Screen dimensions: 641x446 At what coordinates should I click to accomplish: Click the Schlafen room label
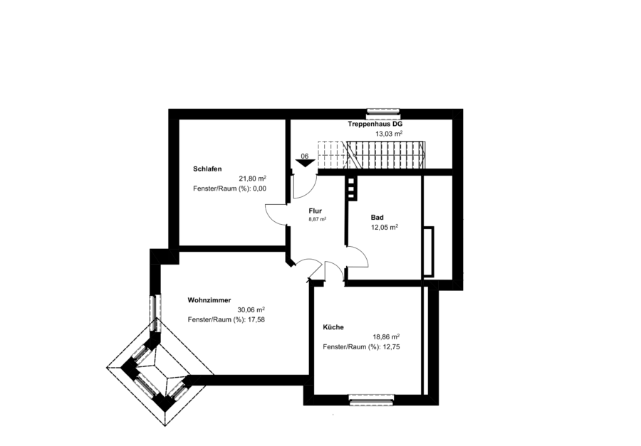pyautogui.click(x=207, y=169)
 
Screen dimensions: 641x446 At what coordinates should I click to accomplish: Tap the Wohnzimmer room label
pyautogui.click(x=209, y=300)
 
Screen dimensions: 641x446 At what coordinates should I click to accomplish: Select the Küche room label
pyautogui.click(x=333, y=327)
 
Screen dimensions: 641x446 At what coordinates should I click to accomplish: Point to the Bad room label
pyautogui.click(x=377, y=218)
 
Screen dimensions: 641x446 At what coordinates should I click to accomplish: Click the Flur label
pyautogui.click(x=316, y=211)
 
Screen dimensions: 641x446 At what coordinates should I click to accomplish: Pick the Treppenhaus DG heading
pyautogui.click(x=375, y=124)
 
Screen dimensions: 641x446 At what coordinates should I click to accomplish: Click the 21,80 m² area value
pyautogui.click(x=253, y=179)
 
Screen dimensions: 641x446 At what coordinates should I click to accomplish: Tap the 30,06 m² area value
pyautogui.click(x=251, y=309)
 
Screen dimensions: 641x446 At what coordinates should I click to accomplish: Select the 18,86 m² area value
pyautogui.click(x=386, y=337)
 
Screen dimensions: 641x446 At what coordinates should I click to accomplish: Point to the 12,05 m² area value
pyautogui.click(x=385, y=228)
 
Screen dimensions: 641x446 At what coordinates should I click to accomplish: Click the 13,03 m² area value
pyautogui.click(x=389, y=134)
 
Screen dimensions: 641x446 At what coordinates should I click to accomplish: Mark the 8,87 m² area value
pyautogui.click(x=317, y=219)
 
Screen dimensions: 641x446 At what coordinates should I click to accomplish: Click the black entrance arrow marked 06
pyautogui.click(x=306, y=163)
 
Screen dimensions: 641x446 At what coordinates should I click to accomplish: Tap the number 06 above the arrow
pyautogui.click(x=305, y=156)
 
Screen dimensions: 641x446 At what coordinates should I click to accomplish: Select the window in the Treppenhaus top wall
pyautogui.click(x=383, y=111)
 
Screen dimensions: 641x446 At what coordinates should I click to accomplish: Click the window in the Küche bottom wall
pyautogui.click(x=372, y=400)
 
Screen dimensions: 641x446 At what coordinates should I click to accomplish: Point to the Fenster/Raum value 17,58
pyautogui.click(x=256, y=320)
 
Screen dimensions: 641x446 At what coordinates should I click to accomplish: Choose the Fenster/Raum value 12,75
pyautogui.click(x=391, y=347)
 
